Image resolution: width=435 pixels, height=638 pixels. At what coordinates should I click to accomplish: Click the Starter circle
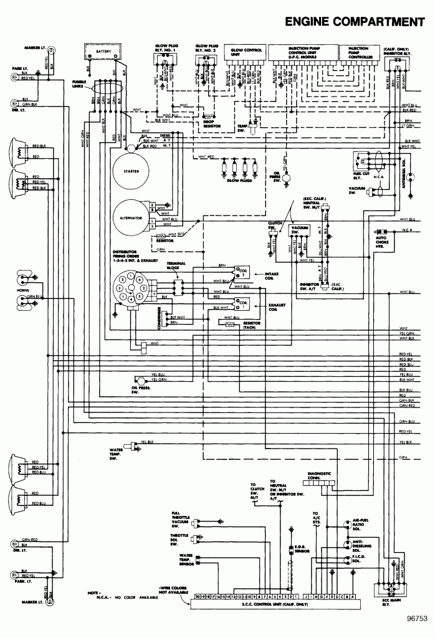[x=131, y=171]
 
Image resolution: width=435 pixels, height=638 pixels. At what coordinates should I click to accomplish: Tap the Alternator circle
[x=131, y=218]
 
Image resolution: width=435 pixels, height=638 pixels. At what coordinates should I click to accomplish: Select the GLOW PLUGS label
[x=237, y=180]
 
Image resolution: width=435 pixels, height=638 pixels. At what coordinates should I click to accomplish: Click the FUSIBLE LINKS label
[x=79, y=83]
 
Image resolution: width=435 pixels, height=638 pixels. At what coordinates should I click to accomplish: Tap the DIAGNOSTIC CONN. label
[x=322, y=476]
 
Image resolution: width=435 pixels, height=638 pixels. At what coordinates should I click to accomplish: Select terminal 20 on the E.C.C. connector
[x=198, y=596]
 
